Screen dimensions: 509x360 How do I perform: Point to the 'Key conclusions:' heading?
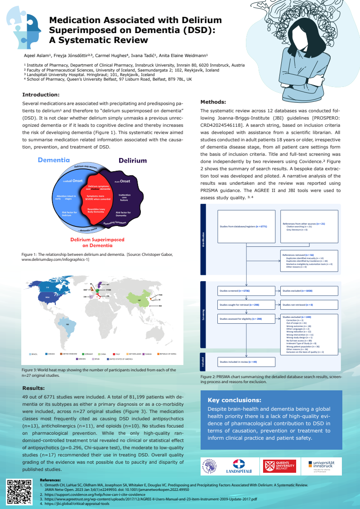[234, 400]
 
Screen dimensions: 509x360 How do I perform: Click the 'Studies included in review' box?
[246, 362]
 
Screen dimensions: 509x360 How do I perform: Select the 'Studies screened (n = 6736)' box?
[246, 290]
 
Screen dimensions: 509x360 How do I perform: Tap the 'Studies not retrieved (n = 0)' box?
[308, 305]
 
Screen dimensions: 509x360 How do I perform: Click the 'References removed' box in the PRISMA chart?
[308, 261]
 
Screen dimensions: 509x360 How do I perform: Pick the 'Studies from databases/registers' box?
[246, 226]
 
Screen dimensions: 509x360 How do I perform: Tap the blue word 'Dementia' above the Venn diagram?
[53, 160]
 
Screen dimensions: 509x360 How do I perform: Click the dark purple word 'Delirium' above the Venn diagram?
[133, 160]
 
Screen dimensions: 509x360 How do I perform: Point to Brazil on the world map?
[67, 325]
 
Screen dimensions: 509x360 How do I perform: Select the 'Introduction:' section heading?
[41, 95]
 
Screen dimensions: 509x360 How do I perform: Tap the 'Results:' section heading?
[34, 388]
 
